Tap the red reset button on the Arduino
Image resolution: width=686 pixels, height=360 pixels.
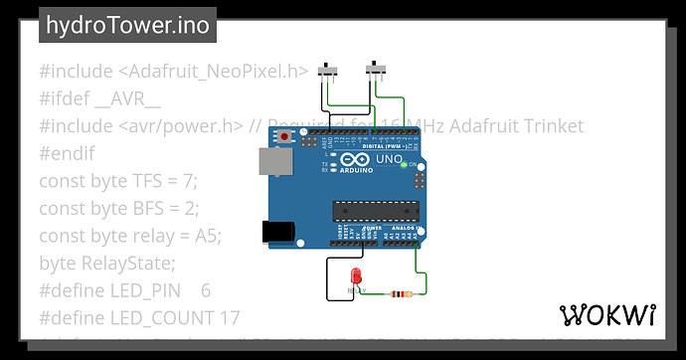tap(286, 135)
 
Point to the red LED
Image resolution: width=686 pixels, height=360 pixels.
tap(357, 277)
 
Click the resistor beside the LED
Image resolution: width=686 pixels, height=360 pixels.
tap(400, 293)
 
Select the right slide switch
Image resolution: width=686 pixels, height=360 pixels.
tap(377, 69)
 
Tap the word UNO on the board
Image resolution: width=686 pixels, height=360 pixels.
tap(387, 160)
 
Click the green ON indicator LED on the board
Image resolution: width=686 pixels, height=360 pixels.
tap(402, 166)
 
